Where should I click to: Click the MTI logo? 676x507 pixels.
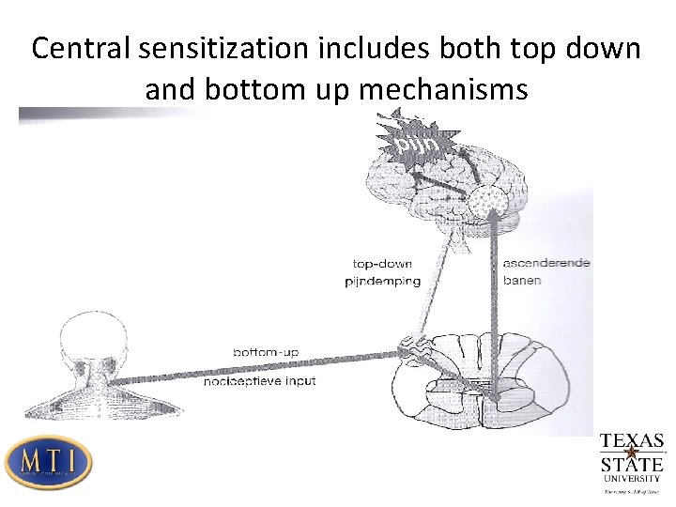pyautogui.click(x=48, y=462)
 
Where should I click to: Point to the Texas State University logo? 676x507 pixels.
pyautogui.click(x=631, y=463)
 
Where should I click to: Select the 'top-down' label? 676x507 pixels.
pyautogui.click(x=382, y=263)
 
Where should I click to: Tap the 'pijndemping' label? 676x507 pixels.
pyautogui.click(x=382, y=281)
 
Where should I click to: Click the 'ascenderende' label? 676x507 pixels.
pyautogui.click(x=547, y=263)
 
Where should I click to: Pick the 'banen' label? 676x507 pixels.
pyautogui.click(x=523, y=281)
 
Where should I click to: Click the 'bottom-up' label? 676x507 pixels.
pyautogui.click(x=266, y=351)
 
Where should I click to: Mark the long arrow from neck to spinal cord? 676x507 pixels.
pyautogui.click(x=253, y=367)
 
